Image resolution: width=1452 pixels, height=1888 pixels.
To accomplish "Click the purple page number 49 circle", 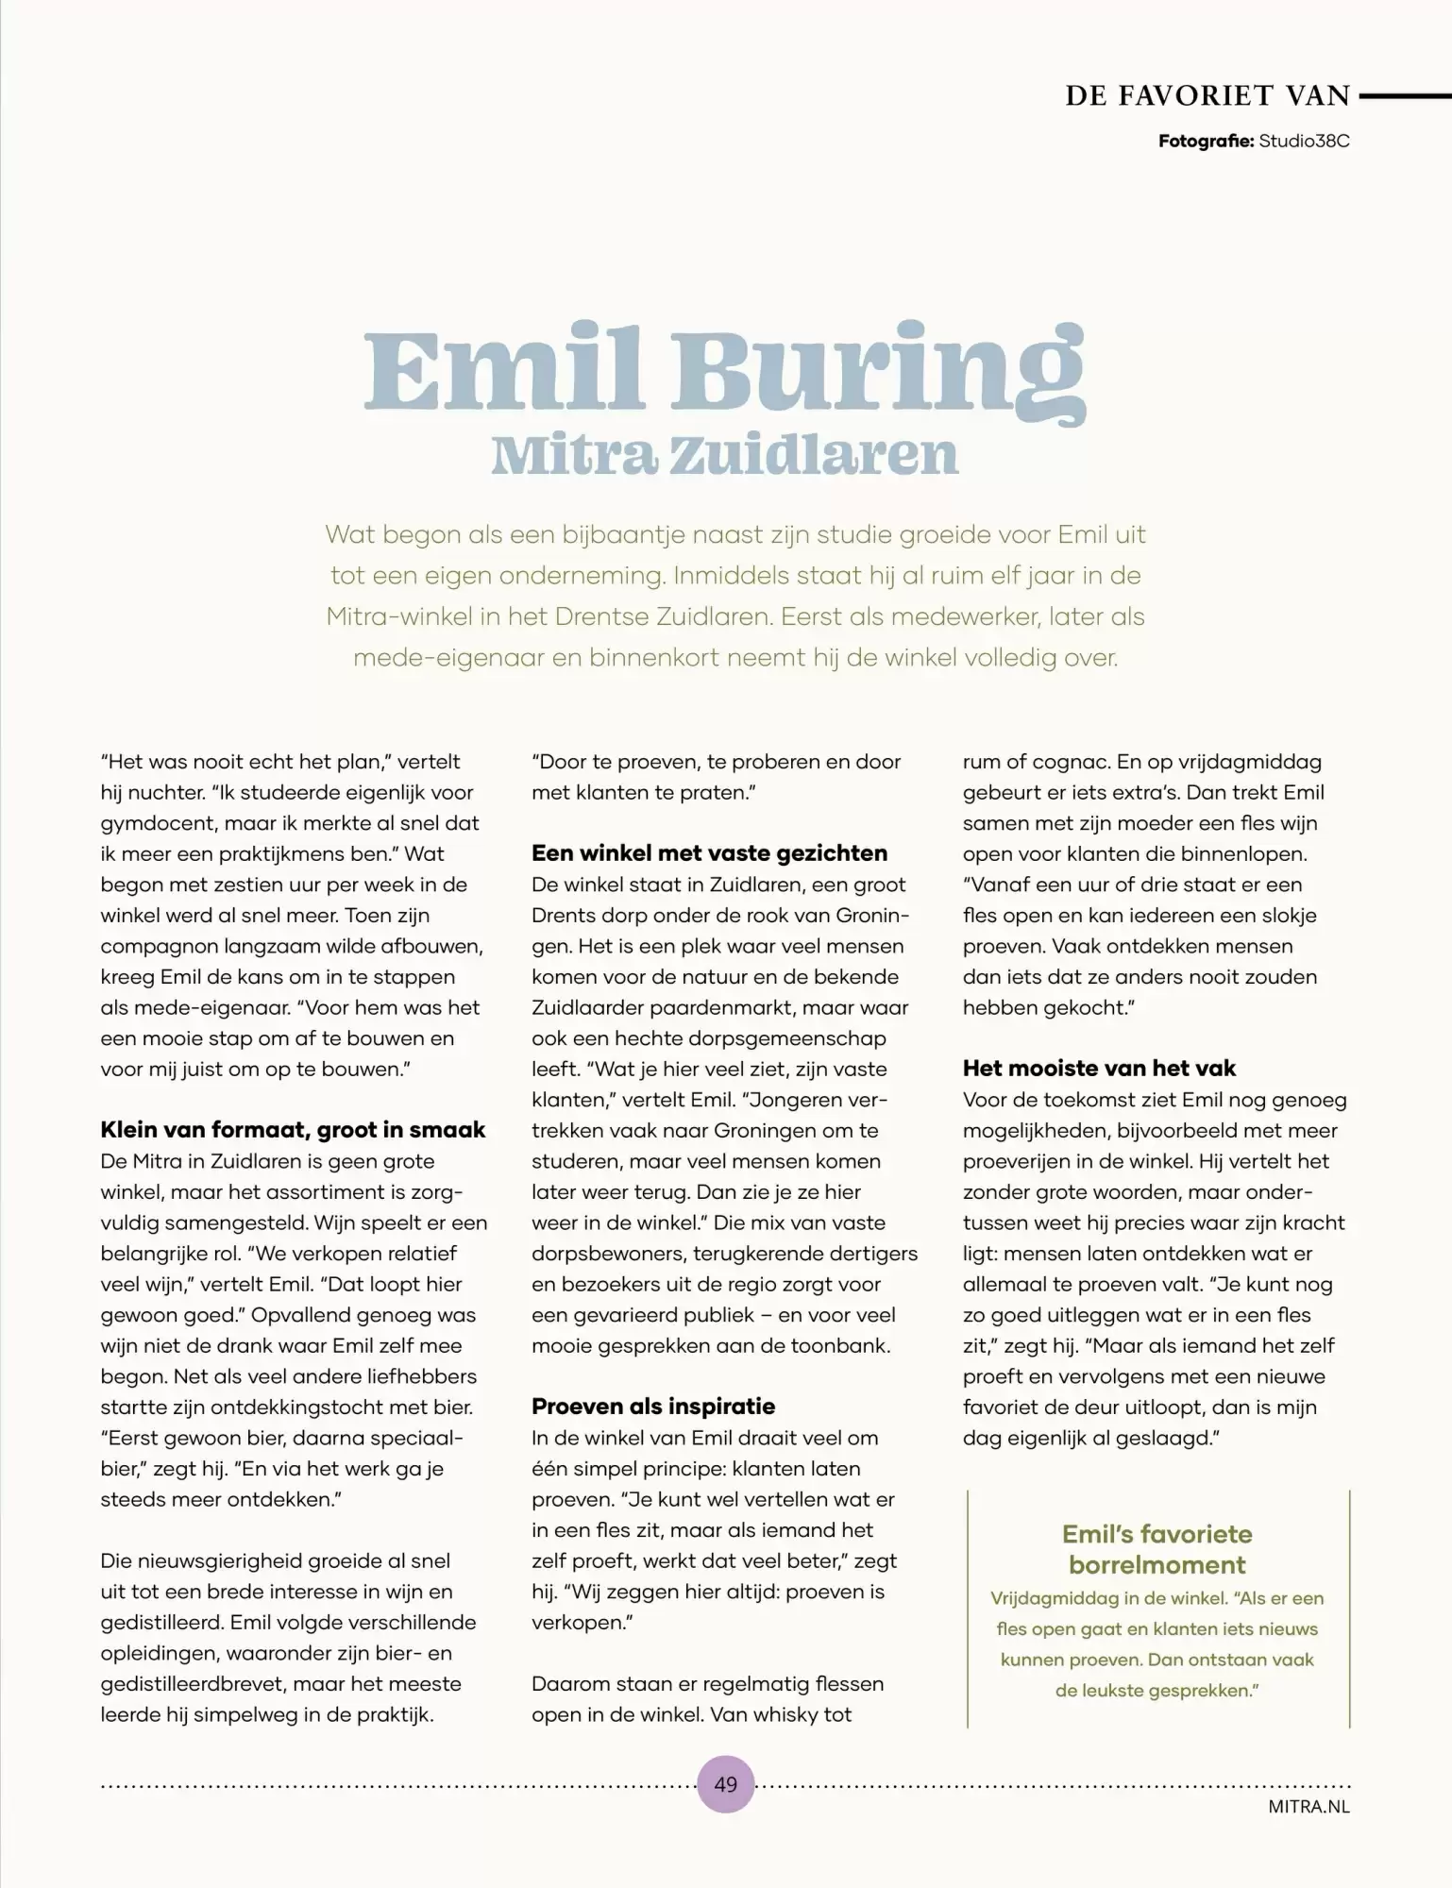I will (x=725, y=1783).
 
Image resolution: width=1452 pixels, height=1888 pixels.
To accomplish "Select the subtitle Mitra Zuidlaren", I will (x=725, y=455).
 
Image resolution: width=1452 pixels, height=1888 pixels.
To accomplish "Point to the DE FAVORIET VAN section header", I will (x=1207, y=95).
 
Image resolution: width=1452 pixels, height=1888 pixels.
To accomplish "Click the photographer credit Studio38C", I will (x=1304, y=141).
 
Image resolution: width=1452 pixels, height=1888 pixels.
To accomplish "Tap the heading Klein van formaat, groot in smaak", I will (x=293, y=1130).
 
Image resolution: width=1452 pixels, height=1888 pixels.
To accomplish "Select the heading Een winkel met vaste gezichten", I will (x=709, y=853).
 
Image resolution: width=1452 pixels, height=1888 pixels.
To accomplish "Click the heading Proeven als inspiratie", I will (x=652, y=1407).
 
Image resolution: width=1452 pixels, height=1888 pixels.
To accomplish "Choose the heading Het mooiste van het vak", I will (x=1099, y=1069).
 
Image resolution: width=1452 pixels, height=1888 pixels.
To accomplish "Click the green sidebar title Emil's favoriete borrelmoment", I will (x=1157, y=1549).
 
